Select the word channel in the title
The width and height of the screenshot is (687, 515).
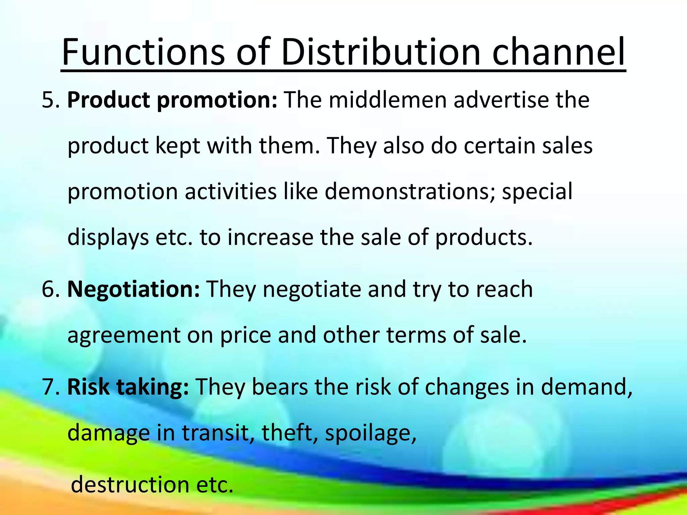(558, 52)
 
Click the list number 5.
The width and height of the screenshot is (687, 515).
(50, 100)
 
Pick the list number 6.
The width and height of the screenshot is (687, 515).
(50, 289)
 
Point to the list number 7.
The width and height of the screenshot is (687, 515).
(50, 387)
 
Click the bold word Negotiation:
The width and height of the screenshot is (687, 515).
(134, 289)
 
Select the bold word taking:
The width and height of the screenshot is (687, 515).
(152, 387)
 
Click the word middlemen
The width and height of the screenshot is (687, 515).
(387, 100)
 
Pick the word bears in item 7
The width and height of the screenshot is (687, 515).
(280, 387)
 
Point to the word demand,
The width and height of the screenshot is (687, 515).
(587, 387)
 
